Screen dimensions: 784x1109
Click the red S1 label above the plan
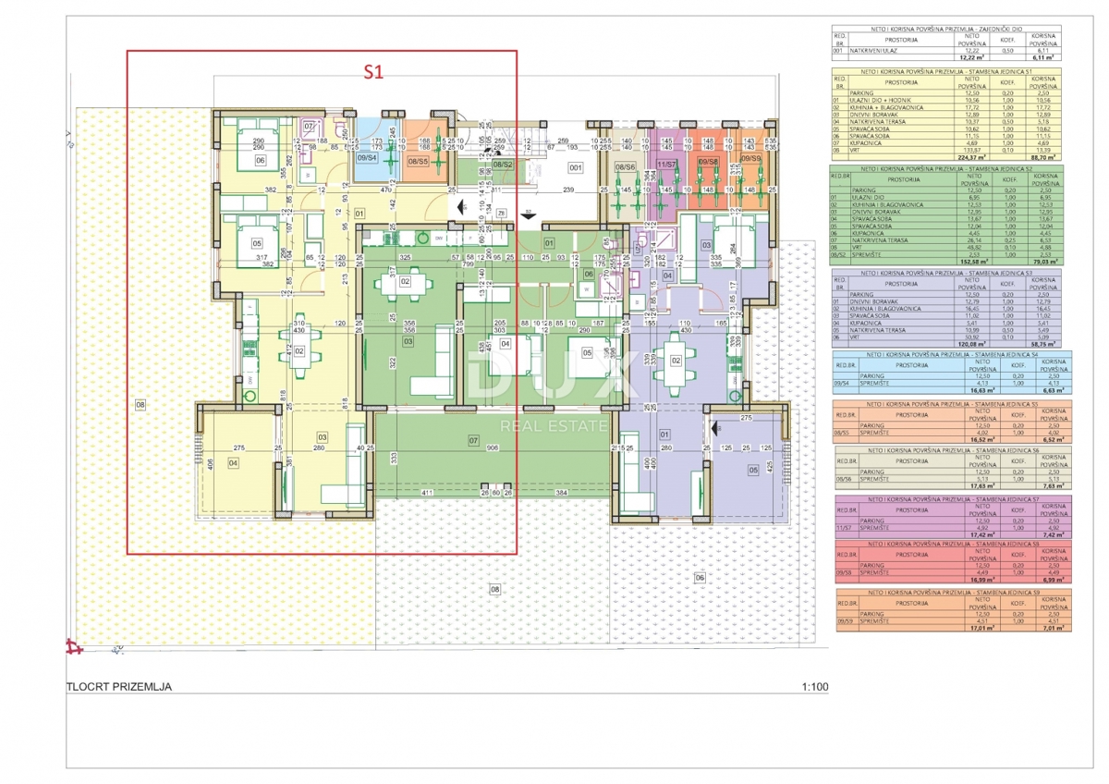click(372, 69)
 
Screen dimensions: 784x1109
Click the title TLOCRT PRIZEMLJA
click(119, 687)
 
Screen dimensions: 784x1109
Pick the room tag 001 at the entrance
click(575, 168)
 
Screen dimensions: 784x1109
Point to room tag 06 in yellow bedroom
click(260, 159)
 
